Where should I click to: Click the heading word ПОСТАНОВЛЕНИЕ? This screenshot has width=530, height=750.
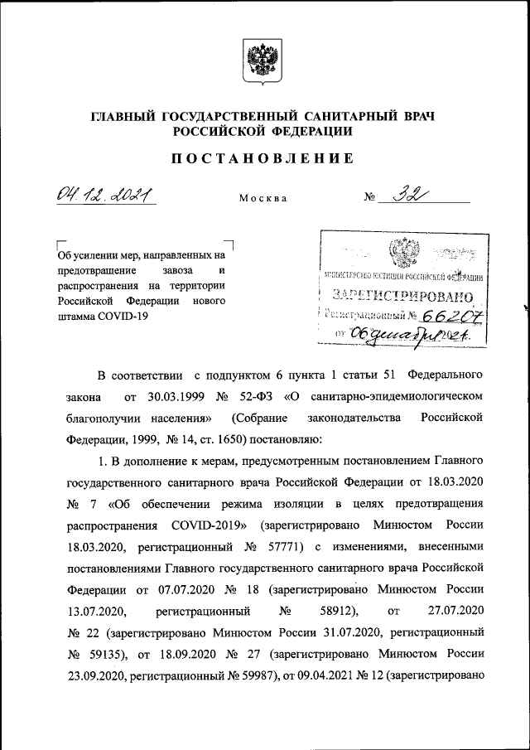pos(264,158)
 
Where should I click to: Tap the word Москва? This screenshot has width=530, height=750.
pos(263,200)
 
